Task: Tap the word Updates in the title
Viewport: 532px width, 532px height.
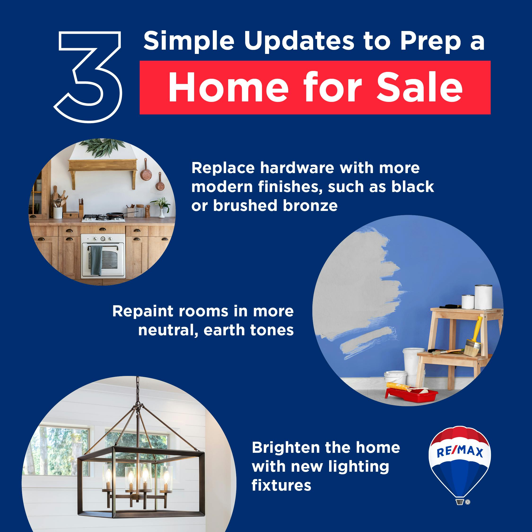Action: tap(299, 41)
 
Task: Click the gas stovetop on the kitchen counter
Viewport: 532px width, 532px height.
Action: tap(103, 218)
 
